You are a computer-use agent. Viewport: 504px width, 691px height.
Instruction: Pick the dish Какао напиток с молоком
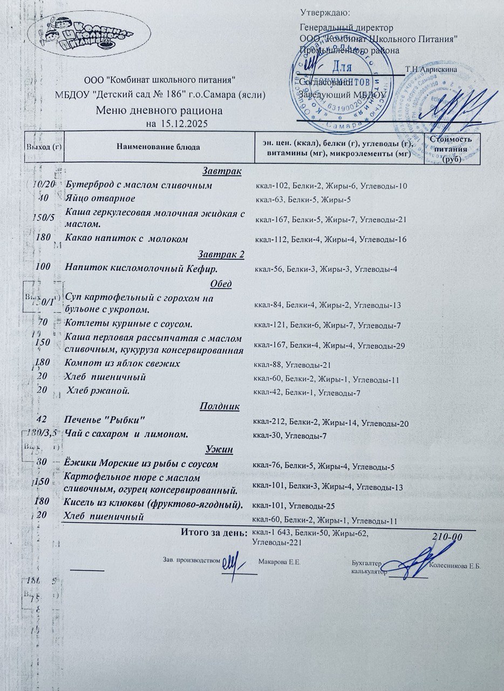click(x=126, y=239)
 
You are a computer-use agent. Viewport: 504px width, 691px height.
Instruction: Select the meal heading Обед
click(x=221, y=284)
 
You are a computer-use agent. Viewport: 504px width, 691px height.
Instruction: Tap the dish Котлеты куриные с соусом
click(x=128, y=324)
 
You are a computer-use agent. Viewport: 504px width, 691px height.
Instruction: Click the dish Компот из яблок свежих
click(x=122, y=364)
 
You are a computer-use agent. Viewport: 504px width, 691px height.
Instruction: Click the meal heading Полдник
click(x=220, y=406)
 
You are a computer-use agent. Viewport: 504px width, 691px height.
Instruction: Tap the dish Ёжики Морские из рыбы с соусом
click(x=141, y=464)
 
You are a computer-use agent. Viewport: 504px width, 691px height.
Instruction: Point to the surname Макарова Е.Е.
click(x=279, y=562)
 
